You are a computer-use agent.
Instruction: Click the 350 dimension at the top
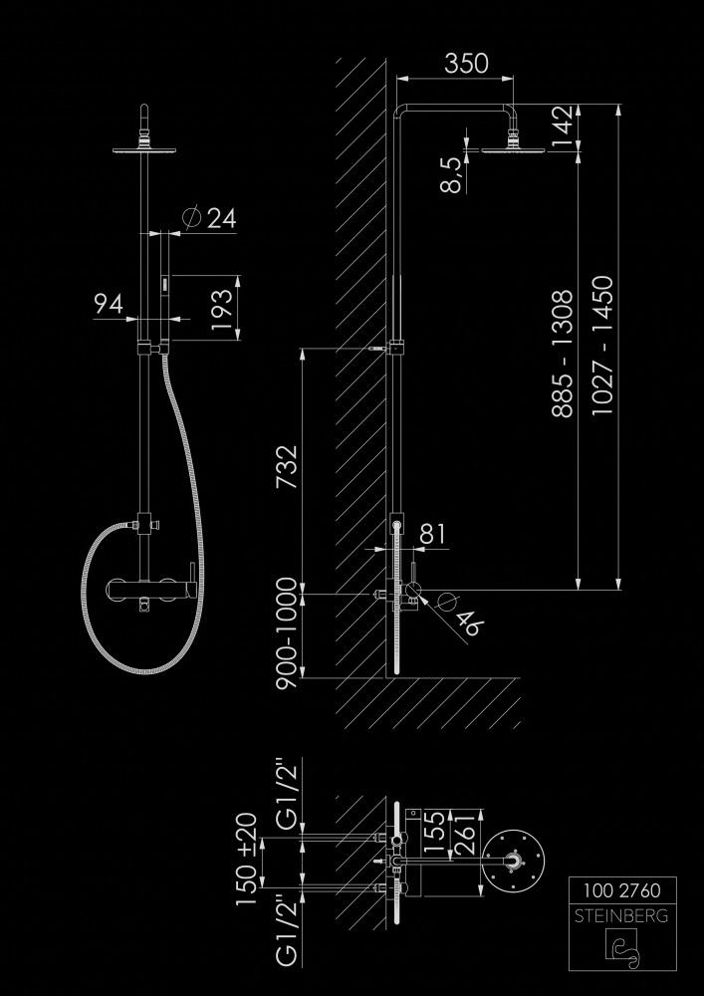pos(466,63)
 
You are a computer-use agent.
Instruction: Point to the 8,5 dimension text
pos(453,174)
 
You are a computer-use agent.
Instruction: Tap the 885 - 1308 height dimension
pos(563,353)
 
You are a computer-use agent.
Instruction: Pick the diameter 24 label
pos(210,219)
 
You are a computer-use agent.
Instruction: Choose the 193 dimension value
pos(225,309)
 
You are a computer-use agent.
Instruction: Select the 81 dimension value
pos(433,534)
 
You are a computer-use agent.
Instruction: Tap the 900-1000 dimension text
pos(289,634)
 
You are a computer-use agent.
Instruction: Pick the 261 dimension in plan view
pos(461,834)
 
